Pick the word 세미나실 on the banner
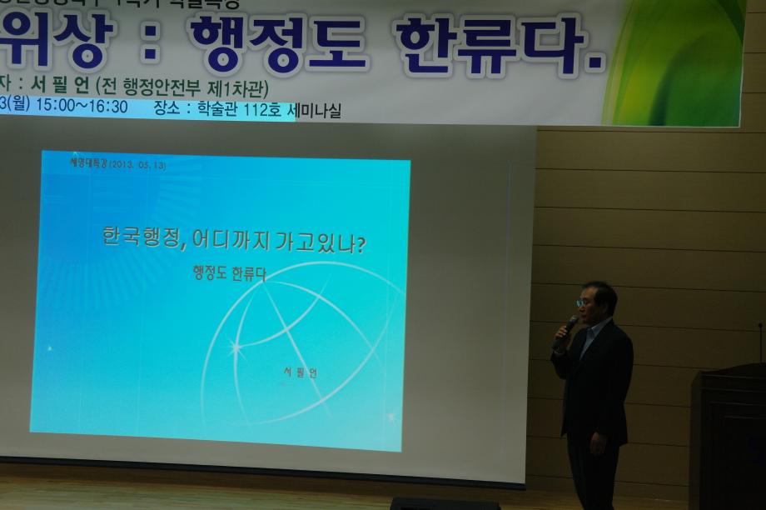tap(314, 110)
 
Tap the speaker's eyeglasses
tap(586, 302)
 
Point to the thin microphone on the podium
tap(759, 342)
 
